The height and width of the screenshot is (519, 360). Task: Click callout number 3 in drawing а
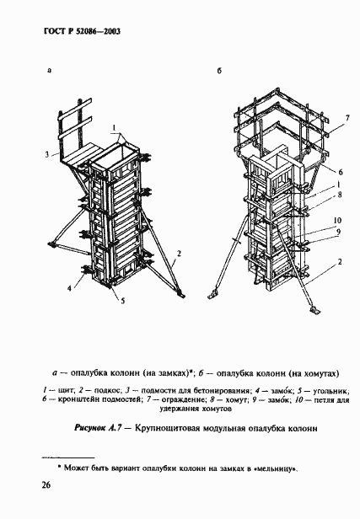50,154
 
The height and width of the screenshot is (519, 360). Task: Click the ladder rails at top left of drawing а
72,126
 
